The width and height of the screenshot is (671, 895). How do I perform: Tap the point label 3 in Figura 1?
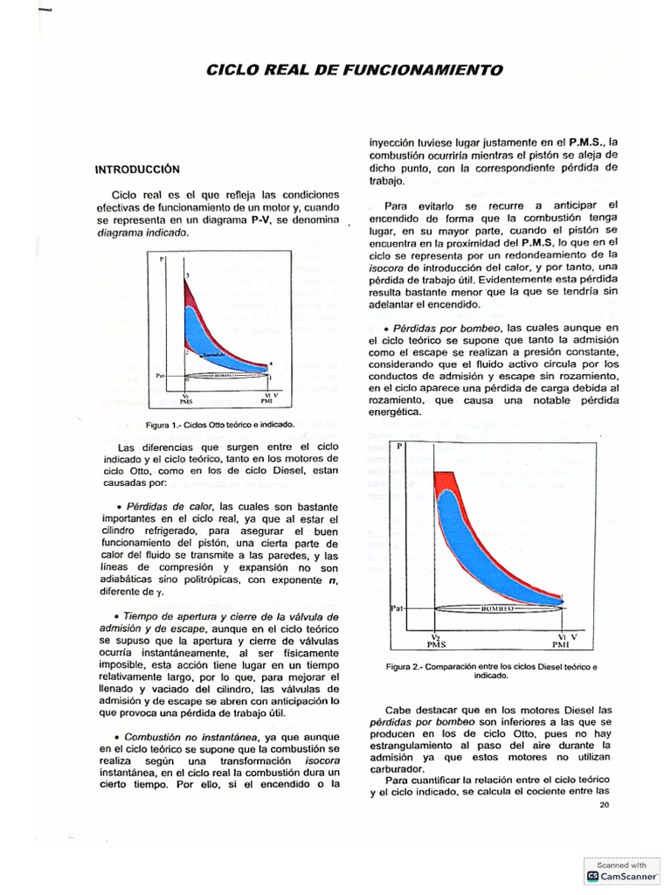(x=186, y=276)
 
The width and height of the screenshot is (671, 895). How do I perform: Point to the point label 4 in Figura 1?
(x=271, y=363)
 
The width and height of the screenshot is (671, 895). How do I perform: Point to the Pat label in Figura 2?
(x=395, y=606)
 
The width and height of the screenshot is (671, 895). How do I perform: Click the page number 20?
(x=605, y=806)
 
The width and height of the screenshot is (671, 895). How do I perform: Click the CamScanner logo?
(x=593, y=875)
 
